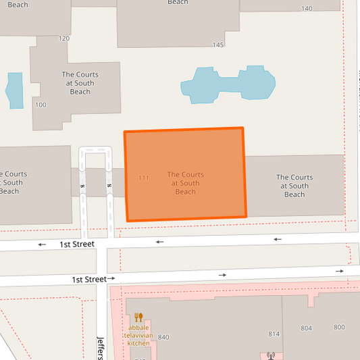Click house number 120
tap(64, 38)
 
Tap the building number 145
tap(217, 45)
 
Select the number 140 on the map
tap(307, 9)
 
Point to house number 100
tap(41, 105)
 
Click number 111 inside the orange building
tap(143, 178)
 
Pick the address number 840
tap(163, 337)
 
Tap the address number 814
tap(274, 334)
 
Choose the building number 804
tap(307, 328)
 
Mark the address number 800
tap(339, 328)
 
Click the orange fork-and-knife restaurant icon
tap(138, 317)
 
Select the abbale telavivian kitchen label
tap(139, 334)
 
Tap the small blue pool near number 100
tap(14, 90)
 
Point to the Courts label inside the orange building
tap(185, 183)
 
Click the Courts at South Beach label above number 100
tap(80, 83)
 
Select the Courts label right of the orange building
tap(294, 186)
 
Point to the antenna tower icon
tap(271, 355)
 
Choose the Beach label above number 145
tap(178, 2)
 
